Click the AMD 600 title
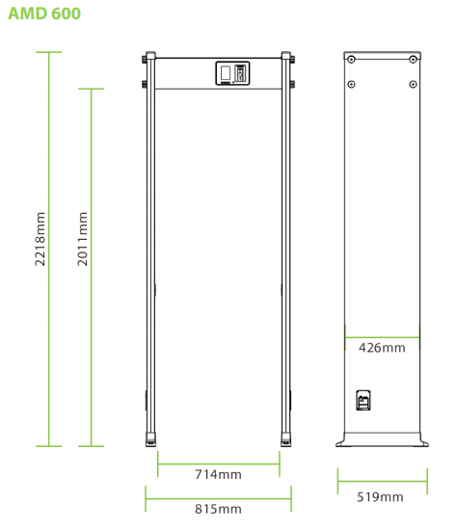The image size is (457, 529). [x=44, y=13]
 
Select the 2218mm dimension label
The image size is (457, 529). [x=40, y=239]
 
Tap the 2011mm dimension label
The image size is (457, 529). [x=82, y=239]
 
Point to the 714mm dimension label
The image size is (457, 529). [x=218, y=474]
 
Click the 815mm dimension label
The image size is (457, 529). [x=218, y=509]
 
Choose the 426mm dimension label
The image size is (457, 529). [x=382, y=348]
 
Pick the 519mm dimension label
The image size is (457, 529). [x=380, y=497]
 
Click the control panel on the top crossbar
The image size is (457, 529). [x=232, y=73]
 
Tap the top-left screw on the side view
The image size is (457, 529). [x=351, y=60]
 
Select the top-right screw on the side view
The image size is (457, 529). [x=413, y=60]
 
